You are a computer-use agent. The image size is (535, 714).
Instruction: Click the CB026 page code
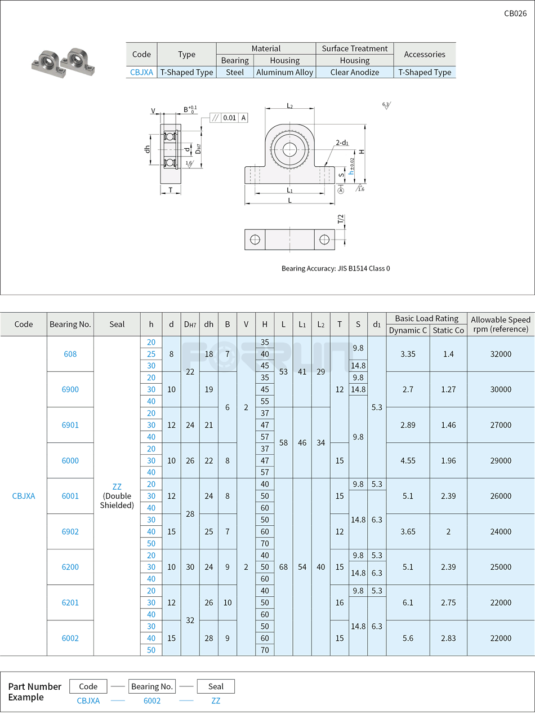tap(515, 14)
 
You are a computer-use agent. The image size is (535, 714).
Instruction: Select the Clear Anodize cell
tap(354, 72)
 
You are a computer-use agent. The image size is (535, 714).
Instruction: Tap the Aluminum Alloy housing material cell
tap(284, 72)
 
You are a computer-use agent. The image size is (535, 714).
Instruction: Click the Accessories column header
tap(424, 54)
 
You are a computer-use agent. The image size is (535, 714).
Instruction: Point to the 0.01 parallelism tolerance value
tap(229, 118)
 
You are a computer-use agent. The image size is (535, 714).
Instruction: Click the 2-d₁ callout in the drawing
tap(341, 143)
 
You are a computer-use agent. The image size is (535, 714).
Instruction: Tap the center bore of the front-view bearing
tap(289, 149)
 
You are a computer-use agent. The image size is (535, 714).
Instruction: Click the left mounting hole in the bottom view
tap(255, 240)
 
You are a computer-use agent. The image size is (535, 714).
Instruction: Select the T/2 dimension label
tap(341, 220)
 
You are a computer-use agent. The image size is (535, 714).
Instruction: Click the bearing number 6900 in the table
tap(70, 389)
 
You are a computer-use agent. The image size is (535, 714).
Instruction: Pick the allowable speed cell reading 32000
tap(500, 354)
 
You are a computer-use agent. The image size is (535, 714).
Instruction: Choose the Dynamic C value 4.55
tap(408, 460)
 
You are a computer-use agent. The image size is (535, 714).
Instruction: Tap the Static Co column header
tap(448, 330)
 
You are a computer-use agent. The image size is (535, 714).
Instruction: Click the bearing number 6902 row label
tap(70, 531)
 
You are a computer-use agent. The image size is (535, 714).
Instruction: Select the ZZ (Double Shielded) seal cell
tap(117, 496)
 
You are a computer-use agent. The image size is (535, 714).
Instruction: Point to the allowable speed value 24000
tap(500, 531)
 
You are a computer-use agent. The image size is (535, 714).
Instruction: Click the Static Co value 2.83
tap(448, 638)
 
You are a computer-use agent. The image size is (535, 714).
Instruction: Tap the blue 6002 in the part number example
tap(151, 700)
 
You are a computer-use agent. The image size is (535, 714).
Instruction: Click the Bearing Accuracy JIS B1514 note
tap(336, 268)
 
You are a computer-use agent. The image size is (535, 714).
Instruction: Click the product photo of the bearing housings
tap(63, 61)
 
